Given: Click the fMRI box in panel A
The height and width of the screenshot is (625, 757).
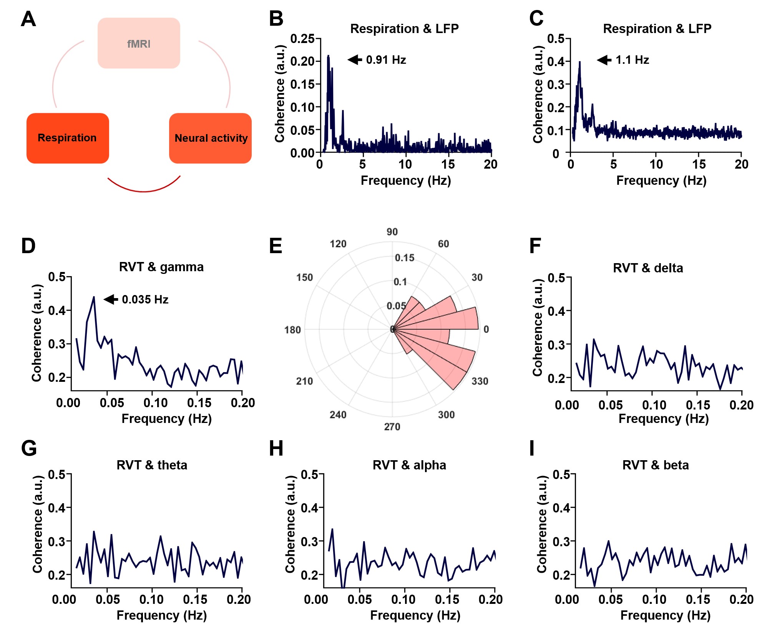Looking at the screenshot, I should [x=139, y=43].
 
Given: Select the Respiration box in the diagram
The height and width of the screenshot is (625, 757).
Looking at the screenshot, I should [x=68, y=138].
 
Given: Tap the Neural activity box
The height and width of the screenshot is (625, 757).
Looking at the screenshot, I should [x=211, y=138].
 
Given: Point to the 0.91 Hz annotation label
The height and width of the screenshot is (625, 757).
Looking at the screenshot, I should [x=386, y=60].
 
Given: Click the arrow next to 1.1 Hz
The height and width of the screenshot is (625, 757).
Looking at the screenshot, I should [x=604, y=60].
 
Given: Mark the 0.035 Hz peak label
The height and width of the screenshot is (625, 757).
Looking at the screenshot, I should [x=145, y=299].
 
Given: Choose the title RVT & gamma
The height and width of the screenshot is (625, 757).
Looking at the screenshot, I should [x=161, y=267].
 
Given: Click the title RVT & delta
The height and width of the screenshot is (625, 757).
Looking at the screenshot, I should [x=648, y=268].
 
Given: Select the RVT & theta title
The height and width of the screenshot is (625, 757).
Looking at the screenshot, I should [x=152, y=465].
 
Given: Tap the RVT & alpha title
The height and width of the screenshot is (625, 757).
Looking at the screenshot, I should [x=409, y=465].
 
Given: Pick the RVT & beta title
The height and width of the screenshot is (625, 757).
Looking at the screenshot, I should [x=656, y=465].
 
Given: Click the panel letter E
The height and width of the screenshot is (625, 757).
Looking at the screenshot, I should [x=276, y=246].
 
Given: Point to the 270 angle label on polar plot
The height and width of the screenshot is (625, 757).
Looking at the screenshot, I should [x=392, y=426].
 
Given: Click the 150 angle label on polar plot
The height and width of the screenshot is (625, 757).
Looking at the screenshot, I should [x=304, y=277].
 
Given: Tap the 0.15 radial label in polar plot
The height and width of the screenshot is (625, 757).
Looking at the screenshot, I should [x=405, y=258].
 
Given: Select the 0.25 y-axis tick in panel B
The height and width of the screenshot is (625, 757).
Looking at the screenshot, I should [x=302, y=39].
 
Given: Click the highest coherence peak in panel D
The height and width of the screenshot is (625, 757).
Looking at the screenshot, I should [x=94, y=297].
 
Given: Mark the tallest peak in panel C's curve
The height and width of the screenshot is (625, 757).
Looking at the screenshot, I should [x=579, y=62].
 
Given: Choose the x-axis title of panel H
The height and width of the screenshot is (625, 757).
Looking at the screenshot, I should [x=415, y=615].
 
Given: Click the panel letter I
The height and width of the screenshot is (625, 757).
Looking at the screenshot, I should [x=532, y=448].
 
